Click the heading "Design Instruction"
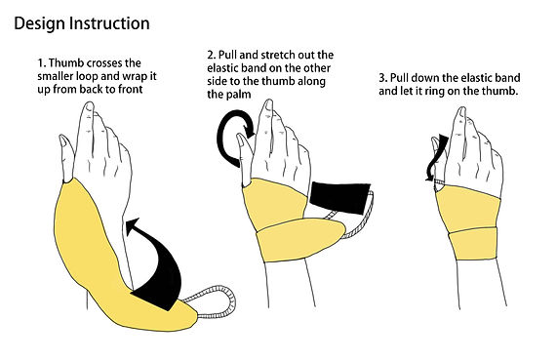(82, 23)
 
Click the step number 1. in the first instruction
(42, 63)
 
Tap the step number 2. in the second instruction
(212, 55)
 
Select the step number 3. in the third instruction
(383, 78)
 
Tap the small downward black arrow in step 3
(435, 156)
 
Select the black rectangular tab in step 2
(339, 198)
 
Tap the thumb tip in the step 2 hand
(241, 137)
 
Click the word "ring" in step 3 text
(434, 92)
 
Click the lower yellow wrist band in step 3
(472, 244)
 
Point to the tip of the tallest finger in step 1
(89, 105)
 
